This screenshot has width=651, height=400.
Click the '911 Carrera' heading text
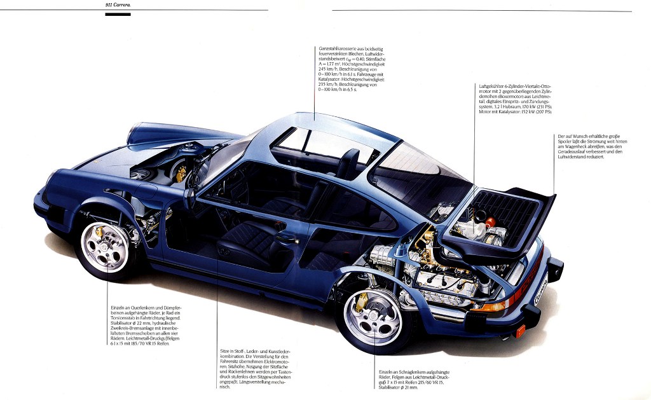tap(118, 5)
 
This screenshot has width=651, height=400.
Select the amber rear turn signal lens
tap(498, 305)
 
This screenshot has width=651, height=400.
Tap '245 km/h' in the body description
tap(326, 69)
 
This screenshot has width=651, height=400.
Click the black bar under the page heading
tap(118, 14)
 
